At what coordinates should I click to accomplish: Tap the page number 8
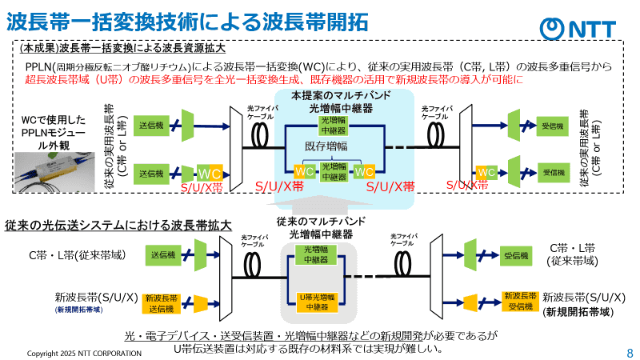tap(629, 352)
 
